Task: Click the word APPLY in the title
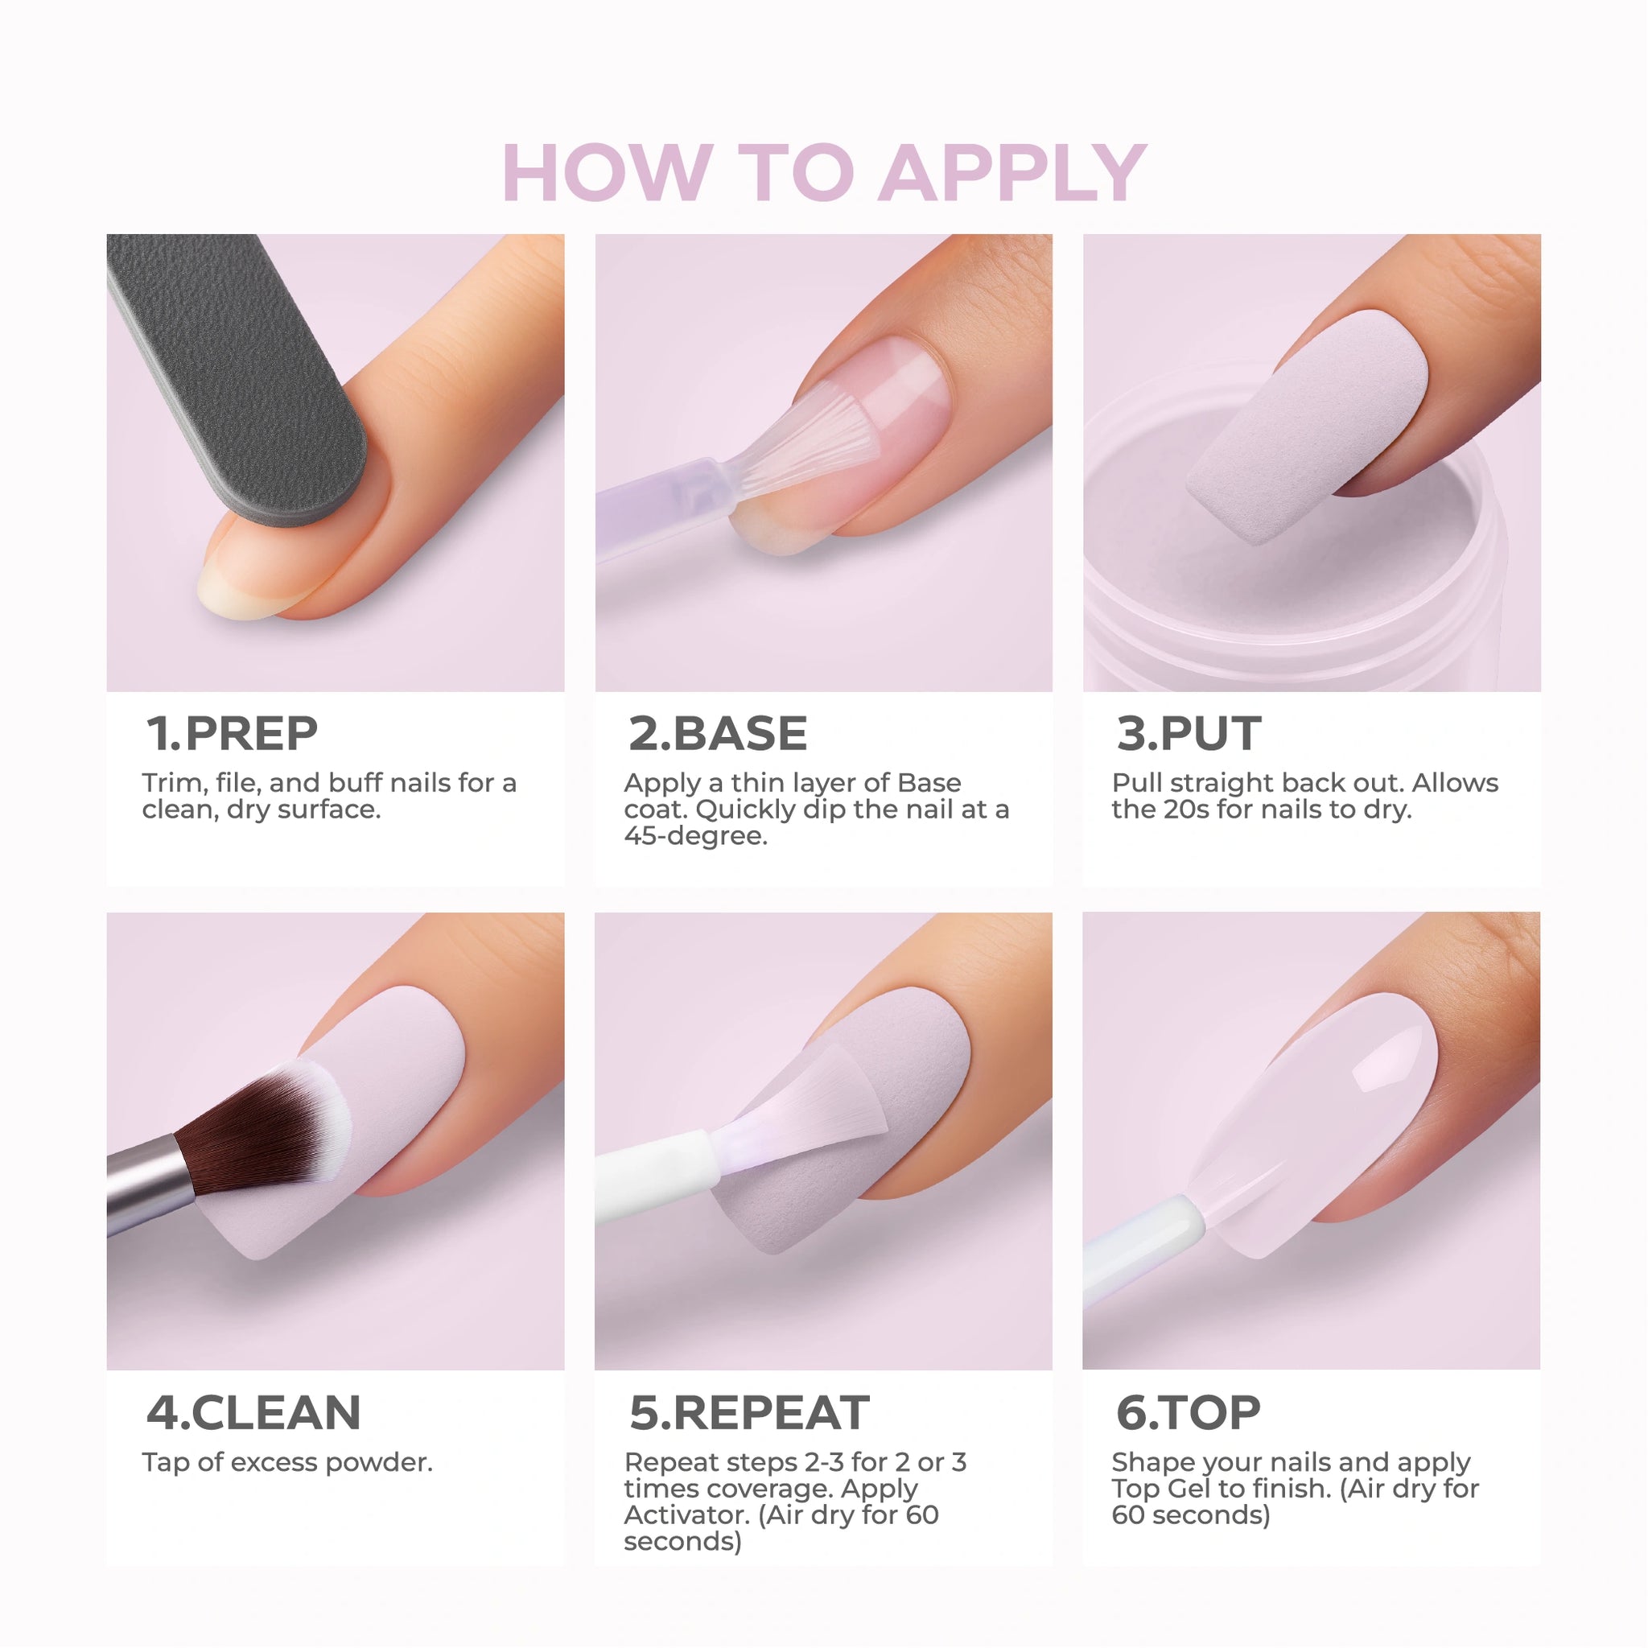click(x=1012, y=173)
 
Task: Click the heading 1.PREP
click(x=232, y=734)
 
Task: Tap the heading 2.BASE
click(x=717, y=734)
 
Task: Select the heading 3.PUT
click(x=1189, y=734)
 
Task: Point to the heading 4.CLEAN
click(x=253, y=1412)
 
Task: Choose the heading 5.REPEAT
click(x=749, y=1412)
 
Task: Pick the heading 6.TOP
click(x=1189, y=1412)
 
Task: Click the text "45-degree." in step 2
click(x=695, y=836)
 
